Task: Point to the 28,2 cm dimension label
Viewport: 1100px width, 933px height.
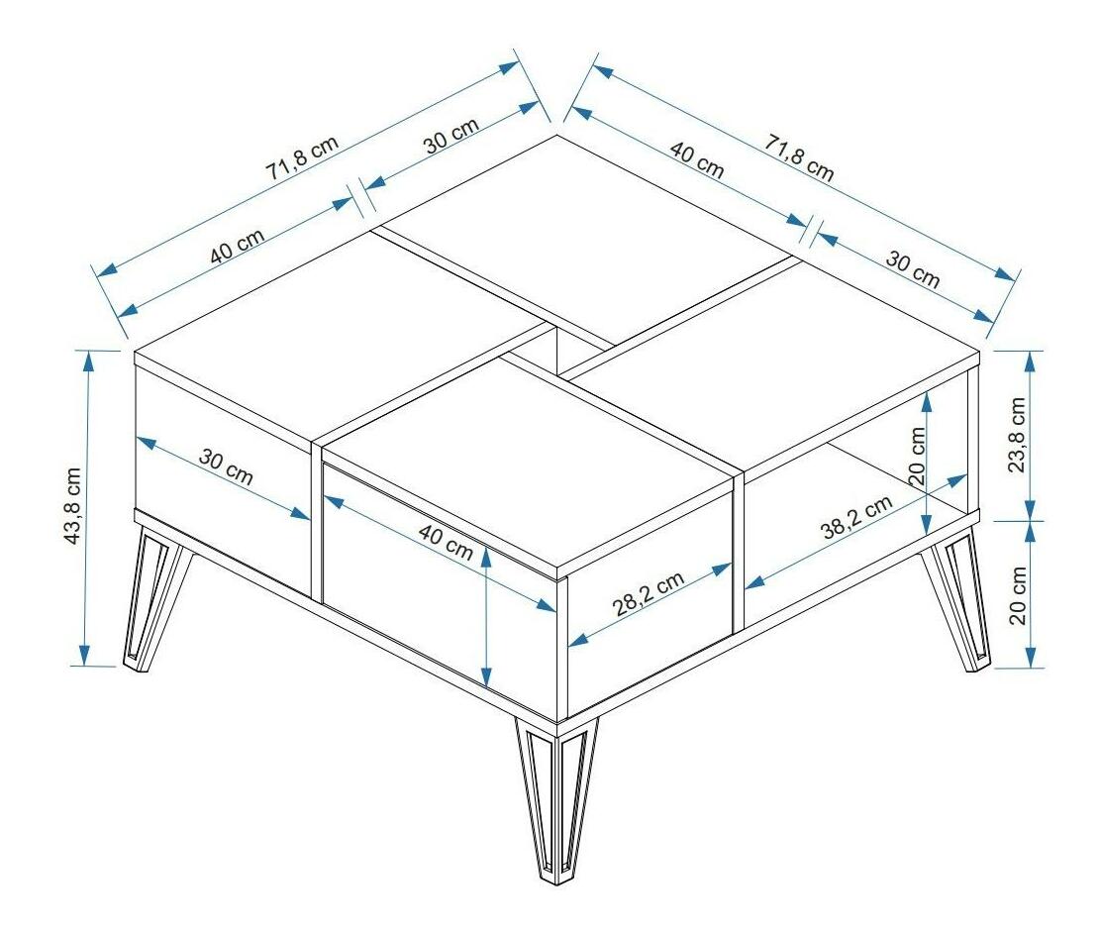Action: (x=649, y=595)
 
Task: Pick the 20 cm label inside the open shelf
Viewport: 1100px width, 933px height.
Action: (x=917, y=456)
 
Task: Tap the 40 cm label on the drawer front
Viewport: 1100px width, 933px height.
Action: (x=445, y=544)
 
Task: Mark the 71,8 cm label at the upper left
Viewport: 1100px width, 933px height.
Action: (x=302, y=155)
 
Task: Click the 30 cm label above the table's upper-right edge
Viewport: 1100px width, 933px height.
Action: (x=912, y=269)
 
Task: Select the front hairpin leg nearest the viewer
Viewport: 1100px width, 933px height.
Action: (x=554, y=797)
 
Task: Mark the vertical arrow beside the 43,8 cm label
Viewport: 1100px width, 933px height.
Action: (x=87, y=507)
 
